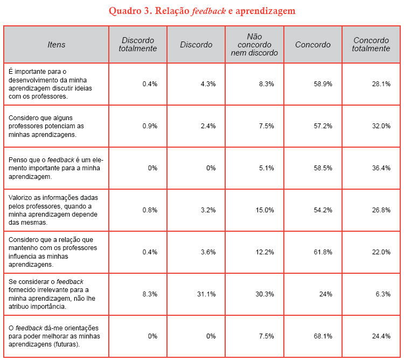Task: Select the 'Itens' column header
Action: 57,45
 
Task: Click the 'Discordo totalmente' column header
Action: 138,45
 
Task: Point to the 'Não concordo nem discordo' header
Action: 254,45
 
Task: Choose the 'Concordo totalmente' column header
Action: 371,45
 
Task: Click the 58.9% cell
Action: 322,84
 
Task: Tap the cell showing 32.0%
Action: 381,126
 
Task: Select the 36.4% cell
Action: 381,168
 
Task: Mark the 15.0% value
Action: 265,210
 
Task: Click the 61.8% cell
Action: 322,252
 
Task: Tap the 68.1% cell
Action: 322,336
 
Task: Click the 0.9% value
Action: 149,126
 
